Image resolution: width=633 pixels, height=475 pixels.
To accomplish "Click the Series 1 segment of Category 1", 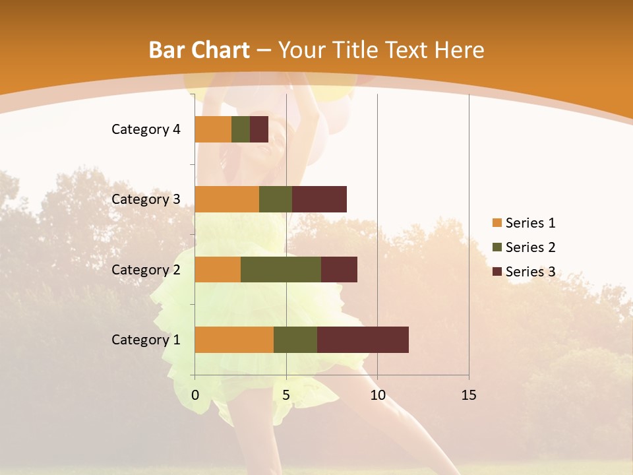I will click(234, 340).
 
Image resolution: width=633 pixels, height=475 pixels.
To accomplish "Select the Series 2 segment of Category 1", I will click(295, 340).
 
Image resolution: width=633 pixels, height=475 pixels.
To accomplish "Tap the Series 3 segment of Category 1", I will click(363, 340).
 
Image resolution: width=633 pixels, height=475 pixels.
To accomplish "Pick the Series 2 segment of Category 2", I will click(281, 269).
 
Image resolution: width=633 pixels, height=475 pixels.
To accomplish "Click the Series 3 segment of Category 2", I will click(339, 269).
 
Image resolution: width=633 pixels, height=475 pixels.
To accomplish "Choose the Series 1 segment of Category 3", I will click(227, 199).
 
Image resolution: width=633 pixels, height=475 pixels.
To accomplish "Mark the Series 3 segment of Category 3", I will click(319, 199).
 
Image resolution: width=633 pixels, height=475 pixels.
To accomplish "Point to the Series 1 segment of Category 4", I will click(213, 129).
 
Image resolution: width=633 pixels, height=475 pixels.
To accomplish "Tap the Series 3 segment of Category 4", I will click(259, 129).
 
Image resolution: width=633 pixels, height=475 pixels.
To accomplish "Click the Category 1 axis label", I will click(146, 340).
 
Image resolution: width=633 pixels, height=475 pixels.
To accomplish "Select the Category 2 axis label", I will click(146, 269).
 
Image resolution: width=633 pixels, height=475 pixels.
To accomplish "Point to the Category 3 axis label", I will click(146, 199).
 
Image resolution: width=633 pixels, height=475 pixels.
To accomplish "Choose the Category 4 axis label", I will click(146, 129).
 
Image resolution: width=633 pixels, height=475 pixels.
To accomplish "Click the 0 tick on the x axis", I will click(195, 395).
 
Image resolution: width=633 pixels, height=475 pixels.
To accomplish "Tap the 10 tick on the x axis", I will click(377, 395).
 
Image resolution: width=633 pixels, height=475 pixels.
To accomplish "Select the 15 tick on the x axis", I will click(469, 395).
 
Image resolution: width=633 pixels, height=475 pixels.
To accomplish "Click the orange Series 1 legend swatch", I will click(497, 223).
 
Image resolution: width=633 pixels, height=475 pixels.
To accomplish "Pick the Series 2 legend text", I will click(530, 247).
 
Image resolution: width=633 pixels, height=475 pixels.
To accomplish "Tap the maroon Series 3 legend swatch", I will click(497, 272).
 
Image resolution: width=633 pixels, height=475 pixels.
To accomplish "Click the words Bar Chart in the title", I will click(198, 49).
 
